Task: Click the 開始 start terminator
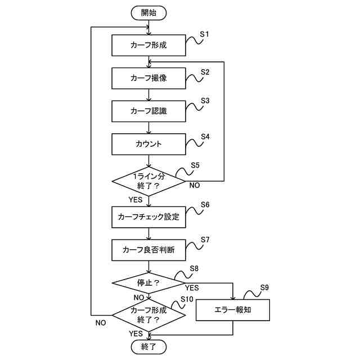click(x=148, y=13)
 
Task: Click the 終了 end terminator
click(x=148, y=346)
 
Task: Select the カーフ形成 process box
click(x=148, y=45)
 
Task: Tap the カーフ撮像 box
click(x=148, y=78)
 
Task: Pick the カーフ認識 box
click(x=148, y=111)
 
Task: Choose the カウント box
click(x=148, y=144)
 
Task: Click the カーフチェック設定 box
click(x=148, y=217)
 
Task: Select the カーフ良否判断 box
click(x=148, y=250)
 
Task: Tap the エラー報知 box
click(x=232, y=310)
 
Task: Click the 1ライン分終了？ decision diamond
click(x=148, y=181)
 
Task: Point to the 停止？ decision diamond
click(x=148, y=283)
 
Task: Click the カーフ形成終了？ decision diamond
click(x=148, y=315)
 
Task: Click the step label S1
click(x=204, y=34)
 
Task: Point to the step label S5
click(x=195, y=165)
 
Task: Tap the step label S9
click(x=264, y=287)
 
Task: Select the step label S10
click(x=187, y=299)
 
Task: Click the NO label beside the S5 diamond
click(x=195, y=185)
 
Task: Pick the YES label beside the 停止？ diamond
click(x=192, y=287)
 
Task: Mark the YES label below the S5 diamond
click(x=136, y=200)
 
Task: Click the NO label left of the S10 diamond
click(x=101, y=323)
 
